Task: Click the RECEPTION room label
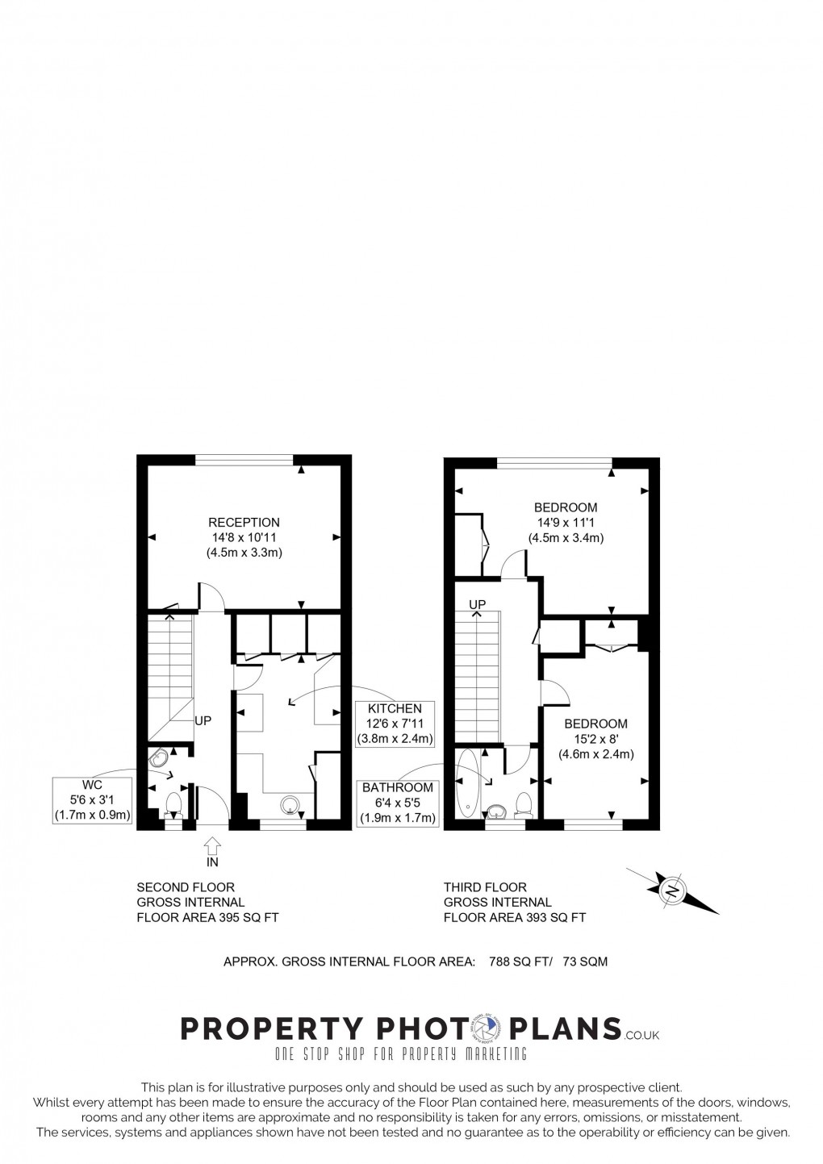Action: tap(244, 522)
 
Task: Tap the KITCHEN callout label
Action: tap(395, 709)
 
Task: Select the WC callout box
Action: tap(92, 800)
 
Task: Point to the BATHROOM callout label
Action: tap(398, 788)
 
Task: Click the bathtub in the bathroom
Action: tap(466, 782)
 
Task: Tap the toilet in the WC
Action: tap(173, 806)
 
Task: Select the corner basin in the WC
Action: tap(160, 759)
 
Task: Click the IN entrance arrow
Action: tap(212, 848)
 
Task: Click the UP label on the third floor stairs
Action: tap(478, 604)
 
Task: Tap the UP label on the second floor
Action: tap(203, 720)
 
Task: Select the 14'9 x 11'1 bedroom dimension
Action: tap(566, 523)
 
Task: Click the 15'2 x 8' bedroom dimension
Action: tap(595, 739)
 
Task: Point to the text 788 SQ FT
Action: tap(514, 962)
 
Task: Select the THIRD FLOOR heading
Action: tap(485, 887)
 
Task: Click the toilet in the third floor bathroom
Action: tap(523, 804)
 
